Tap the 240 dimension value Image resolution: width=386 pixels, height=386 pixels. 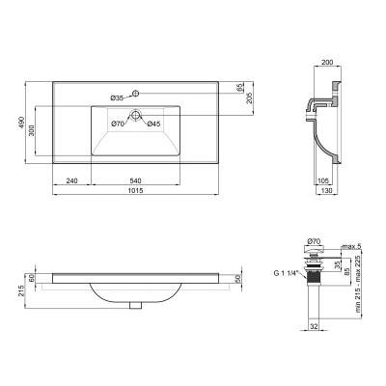tap(72, 180)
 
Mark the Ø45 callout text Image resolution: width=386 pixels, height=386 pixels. tap(153, 124)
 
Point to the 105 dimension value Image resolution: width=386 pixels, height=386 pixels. tap(323, 180)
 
